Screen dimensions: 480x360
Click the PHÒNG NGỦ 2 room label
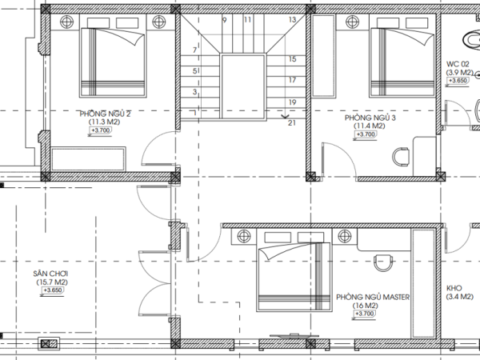click(105, 114)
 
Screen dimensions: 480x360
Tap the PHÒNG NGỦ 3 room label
click(370, 118)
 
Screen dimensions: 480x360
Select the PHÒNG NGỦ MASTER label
click(373, 298)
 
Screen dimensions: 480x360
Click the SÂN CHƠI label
click(50, 274)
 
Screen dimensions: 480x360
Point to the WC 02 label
click(458, 64)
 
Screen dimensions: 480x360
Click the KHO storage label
click(454, 288)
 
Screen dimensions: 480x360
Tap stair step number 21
click(292, 122)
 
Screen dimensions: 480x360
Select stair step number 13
click(292, 19)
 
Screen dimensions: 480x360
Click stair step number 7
click(194, 50)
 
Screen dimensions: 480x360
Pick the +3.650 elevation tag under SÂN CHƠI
click(53, 290)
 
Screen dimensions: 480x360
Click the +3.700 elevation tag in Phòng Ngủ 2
click(101, 130)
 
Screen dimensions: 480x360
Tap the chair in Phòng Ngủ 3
click(401, 157)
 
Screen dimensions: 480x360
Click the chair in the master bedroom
click(383, 262)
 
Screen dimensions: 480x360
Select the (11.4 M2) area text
click(369, 126)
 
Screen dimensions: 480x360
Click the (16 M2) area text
click(365, 306)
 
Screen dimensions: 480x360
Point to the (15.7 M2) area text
click(52, 282)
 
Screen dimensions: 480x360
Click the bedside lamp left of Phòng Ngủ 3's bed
click(352, 22)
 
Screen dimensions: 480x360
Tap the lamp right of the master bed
click(345, 236)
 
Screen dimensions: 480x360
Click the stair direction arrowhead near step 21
click(285, 117)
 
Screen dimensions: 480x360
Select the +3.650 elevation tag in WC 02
click(458, 81)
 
